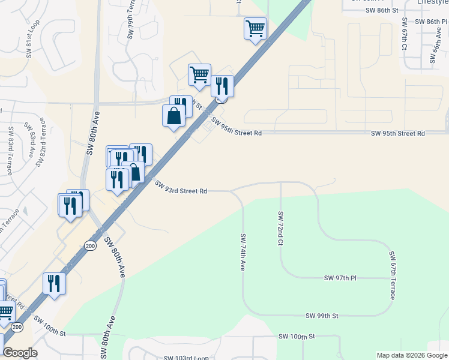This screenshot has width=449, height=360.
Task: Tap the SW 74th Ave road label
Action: click(x=243, y=252)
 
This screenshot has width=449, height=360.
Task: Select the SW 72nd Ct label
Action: click(x=280, y=228)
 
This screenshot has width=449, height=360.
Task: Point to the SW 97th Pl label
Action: click(x=340, y=278)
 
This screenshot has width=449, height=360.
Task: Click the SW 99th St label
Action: click(x=322, y=316)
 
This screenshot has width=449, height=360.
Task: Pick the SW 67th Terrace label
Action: click(x=393, y=276)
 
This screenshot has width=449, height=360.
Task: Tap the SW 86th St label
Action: click(x=383, y=10)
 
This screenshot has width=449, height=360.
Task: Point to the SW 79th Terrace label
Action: click(x=130, y=20)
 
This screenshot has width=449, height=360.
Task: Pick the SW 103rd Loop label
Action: click(x=186, y=358)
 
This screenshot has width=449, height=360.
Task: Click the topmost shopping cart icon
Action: click(x=255, y=28)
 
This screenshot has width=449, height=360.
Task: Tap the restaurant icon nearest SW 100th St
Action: click(x=54, y=283)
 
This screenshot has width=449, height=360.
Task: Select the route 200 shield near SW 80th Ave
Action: click(x=90, y=245)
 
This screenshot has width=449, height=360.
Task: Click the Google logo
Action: click(x=20, y=353)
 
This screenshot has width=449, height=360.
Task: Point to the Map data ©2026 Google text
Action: click(x=411, y=355)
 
